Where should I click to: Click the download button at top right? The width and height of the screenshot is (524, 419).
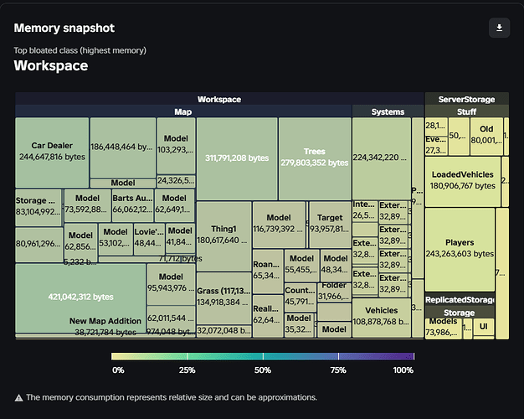pos(499,28)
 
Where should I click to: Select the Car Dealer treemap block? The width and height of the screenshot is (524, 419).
pos(52,151)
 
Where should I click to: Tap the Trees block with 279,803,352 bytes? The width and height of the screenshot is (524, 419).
pos(314,158)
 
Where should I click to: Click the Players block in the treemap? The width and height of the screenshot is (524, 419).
pos(460,248)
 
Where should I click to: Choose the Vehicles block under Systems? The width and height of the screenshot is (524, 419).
pos(381,317)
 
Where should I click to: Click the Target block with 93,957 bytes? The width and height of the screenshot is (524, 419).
pos(330,224)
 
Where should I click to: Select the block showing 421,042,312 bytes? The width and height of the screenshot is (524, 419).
pos(80,296)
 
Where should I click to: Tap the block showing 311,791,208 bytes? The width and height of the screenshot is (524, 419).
pos(237,158)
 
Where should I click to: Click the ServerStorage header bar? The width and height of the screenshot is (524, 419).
pos(466,99)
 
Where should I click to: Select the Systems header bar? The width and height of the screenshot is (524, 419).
pos(388,111)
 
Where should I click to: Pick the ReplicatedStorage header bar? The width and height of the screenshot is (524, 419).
pos(460,300)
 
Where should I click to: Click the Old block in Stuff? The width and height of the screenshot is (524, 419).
pos(486,134)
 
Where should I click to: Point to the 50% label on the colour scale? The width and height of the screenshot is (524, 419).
pos(263,370)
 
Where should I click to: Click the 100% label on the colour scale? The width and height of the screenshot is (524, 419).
pos(403,370)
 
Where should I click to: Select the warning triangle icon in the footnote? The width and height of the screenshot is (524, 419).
pos(18,397)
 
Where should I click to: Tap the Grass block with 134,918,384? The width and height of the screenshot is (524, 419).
pos(223,296)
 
